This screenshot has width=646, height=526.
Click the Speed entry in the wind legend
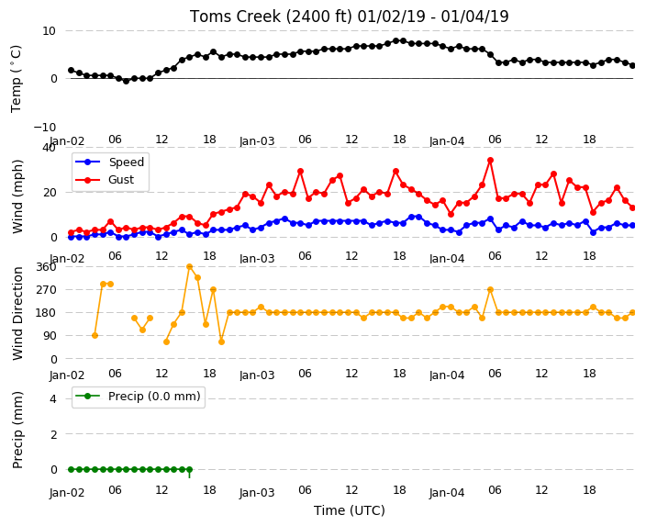point(126,162)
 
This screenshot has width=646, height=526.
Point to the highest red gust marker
point(490,161)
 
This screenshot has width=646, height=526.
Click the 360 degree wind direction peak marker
point(190,267)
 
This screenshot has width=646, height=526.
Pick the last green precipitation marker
point(190,469)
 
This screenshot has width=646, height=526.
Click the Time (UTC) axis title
point(350,510)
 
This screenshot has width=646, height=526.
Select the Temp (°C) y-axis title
point(16,79)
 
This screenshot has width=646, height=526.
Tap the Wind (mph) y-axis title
point(17,196)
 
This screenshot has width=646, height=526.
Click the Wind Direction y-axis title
point(17,313)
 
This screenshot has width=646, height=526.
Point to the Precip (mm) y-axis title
point(17,430)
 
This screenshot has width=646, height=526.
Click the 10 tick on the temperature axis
point(49,31)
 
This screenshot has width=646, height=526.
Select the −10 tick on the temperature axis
point(44,128)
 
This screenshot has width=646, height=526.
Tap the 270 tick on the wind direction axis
point(46,290)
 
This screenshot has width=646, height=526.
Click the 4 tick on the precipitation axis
point(53,399)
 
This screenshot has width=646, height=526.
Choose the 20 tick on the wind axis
point(49,193)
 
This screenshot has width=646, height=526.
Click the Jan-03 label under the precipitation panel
point(257,493)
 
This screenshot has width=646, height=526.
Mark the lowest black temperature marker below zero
point(126,81)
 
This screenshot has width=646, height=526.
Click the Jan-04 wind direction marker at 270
point(490,290)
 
